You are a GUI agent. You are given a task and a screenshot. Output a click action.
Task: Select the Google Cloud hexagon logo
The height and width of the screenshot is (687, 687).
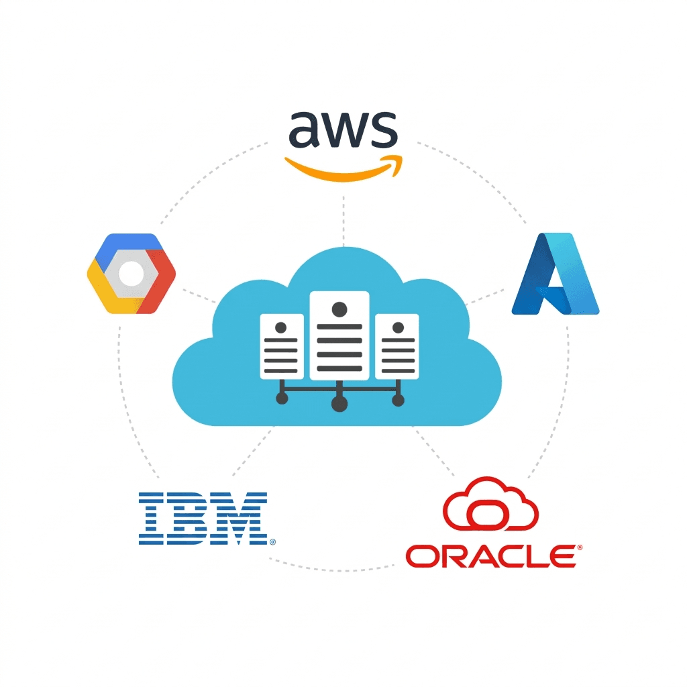[x=131, y=274]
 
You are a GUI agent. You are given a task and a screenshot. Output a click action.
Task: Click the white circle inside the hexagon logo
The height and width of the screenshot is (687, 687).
[x=131, y=274]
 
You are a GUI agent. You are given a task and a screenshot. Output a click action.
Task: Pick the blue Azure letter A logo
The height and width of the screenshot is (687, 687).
[x=555, y=274]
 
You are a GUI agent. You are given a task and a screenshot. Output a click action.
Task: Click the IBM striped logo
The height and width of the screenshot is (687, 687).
[x=203, y=519]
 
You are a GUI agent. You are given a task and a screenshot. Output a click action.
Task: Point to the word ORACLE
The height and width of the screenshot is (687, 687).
[x=490, y=556]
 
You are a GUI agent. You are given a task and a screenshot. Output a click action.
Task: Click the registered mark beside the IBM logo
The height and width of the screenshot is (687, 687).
[x=272, y=542]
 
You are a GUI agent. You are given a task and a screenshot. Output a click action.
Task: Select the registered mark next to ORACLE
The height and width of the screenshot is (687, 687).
[x=580, y=547]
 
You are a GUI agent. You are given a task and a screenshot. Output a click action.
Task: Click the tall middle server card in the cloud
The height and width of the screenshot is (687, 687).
[x=339, y=335]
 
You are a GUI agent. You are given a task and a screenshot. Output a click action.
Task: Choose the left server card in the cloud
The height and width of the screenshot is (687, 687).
[x=282, y=347]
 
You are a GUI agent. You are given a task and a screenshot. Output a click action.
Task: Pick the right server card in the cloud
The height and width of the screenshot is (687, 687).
[x=397, y=347]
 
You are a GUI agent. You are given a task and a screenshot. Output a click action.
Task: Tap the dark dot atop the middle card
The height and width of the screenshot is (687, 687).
[x=339, y=309]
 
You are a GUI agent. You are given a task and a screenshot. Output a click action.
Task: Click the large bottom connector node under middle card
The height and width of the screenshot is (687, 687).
[x=339, y=403]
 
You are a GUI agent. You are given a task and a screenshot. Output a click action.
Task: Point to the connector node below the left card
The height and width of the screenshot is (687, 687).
[x=282, y=399]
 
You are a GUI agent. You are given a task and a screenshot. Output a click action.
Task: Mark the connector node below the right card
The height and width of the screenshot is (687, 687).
[x=398, y=400]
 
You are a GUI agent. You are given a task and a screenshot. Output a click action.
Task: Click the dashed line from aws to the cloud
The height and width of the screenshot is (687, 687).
[x=343, y=221]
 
